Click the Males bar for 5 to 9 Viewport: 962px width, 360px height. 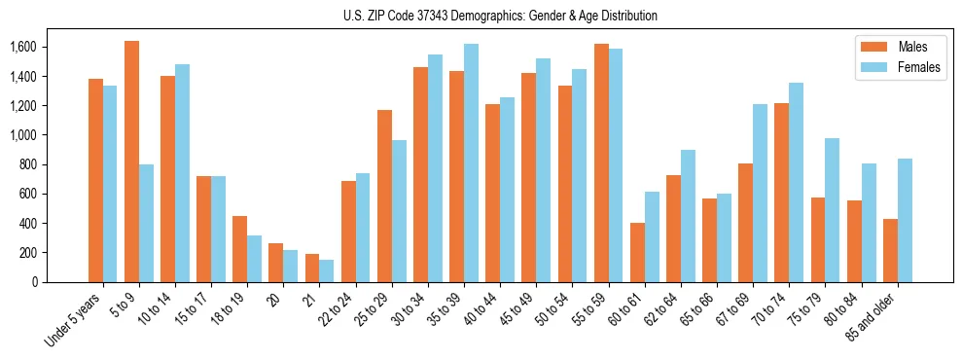pos(131,162)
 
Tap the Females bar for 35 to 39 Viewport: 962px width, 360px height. pos(471,162)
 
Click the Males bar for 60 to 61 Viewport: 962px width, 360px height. pos(637,252)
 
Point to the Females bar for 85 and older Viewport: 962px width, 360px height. pos(905,220)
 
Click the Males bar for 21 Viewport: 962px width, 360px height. pos(312,268)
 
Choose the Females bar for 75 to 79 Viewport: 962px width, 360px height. pos(833,210)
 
